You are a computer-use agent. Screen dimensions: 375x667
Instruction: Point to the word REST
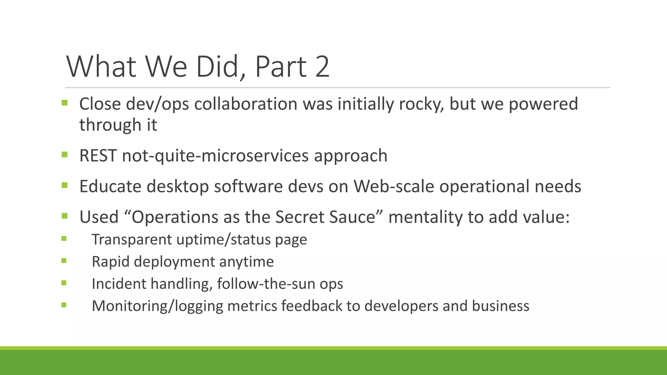pyautogui.click(x=98, y=156)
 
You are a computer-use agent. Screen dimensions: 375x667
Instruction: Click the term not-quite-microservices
pyautogui.click(x=215, y=156)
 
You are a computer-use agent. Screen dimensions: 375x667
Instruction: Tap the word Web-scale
pyautogui.click(x=394, y=187)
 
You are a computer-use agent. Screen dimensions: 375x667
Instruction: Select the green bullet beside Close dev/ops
pyautogui.click(x=64, y=103)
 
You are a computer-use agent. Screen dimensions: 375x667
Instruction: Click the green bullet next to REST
pyautogui.click(x=64, y=155)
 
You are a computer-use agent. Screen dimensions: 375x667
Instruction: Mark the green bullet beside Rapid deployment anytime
pyautogui.click(x=64, y=260)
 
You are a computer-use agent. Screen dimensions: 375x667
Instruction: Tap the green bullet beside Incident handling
pyautogui.click(x=64, y=283)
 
